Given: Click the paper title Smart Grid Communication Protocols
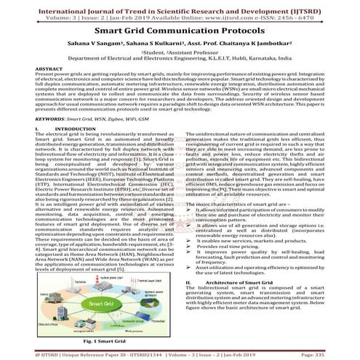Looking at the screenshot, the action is click(180, 32).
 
